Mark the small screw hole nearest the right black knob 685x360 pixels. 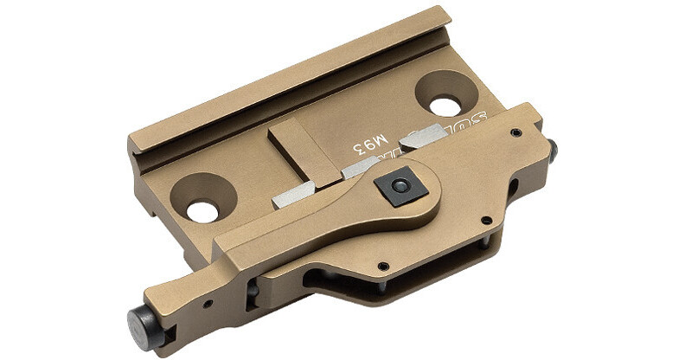[515, 133]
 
